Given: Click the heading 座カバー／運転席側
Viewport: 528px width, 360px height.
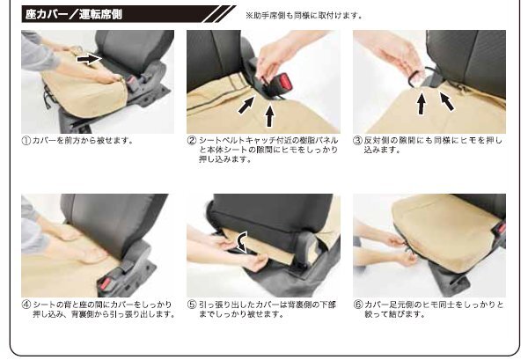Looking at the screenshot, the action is (x=73, y=14).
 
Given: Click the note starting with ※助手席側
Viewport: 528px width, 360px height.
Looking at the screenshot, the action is (x=304, y=16).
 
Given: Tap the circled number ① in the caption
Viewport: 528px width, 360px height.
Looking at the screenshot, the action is (x=26, y=141).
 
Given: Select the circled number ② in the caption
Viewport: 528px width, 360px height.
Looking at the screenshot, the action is (x=192, y=141).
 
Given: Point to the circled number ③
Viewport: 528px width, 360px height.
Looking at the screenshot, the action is (x=357, y=141).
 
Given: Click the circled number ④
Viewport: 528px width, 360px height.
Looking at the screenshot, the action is (x=26, y=305).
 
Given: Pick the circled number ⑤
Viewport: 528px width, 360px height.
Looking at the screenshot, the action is (x=192, y=305).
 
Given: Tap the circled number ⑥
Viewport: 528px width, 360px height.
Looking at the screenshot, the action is (x=357, y=305).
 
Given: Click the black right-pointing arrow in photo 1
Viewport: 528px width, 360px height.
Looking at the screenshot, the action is (x=89, y=59).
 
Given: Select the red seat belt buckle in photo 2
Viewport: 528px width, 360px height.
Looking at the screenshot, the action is (x=285, y=83).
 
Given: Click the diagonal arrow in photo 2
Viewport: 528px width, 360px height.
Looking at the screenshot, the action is (x=246, y=105).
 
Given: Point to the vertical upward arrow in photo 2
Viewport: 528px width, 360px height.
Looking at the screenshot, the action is (x=269, y=116).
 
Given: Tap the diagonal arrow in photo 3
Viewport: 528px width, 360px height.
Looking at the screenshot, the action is (x=447, y=101).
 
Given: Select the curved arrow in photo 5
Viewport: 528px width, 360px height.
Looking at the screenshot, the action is (x=241, y=242).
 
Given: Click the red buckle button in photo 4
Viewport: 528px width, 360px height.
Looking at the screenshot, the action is (x=106, y=283).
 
